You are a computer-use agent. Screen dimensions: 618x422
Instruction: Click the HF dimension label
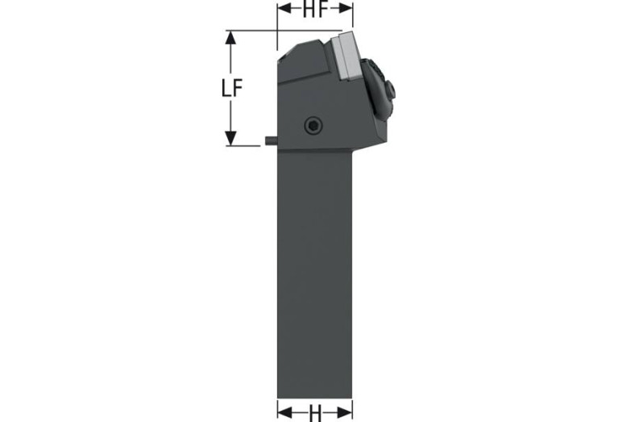[315, 10]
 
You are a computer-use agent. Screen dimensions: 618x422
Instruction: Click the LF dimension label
[231, 88]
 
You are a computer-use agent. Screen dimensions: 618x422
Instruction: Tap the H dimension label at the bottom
[315, 413]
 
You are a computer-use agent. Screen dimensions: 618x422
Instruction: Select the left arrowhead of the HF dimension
[284, 10]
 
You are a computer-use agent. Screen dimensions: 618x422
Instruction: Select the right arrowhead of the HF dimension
[346, 10]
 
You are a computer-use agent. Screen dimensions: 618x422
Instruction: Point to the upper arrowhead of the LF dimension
[230, 37]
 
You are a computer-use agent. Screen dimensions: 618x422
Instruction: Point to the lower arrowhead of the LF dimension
[230, 138]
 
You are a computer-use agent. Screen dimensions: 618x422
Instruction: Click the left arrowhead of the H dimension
[284, 413]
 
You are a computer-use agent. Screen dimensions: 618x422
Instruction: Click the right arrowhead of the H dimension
[346, 413]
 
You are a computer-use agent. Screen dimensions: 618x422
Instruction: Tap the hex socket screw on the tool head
[313, 126]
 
